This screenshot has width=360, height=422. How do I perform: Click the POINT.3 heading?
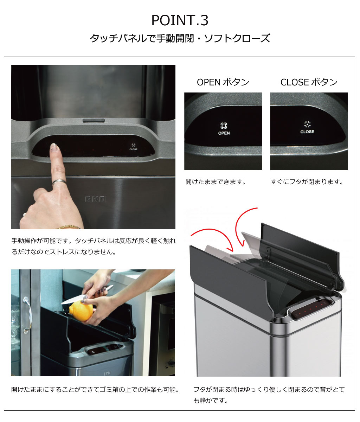[180, 20]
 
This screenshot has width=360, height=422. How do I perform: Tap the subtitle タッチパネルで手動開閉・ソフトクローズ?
[180, 38]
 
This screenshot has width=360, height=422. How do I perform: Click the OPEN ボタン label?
[223, 82]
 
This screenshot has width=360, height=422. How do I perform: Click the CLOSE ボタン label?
[309, 82]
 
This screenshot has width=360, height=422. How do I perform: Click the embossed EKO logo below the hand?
[96, 199]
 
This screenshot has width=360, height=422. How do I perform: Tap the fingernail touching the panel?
[53, 146]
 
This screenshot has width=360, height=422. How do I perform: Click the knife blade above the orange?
[73, 300]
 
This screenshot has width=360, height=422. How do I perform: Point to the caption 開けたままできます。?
[216, 182]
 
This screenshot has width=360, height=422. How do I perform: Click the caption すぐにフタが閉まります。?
[307, 182]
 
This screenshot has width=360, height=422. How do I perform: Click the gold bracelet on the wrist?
[67, 226]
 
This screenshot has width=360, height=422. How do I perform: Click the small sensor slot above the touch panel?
[94, 120]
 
